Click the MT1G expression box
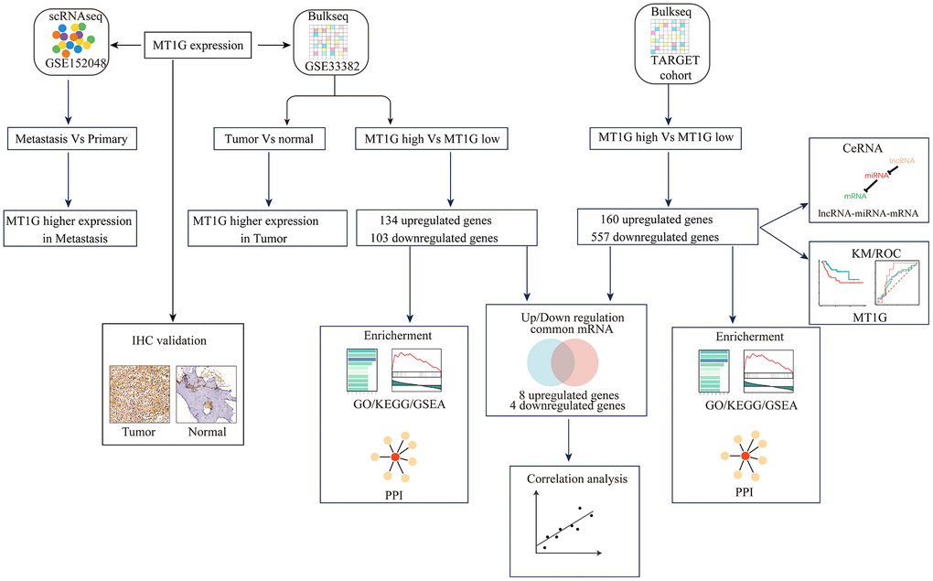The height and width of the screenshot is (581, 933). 198,43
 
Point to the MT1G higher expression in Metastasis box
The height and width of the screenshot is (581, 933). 69,228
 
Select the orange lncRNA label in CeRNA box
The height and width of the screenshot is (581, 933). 902,159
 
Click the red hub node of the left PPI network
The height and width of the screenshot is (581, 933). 395,456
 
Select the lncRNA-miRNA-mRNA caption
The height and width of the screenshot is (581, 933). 866,212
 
